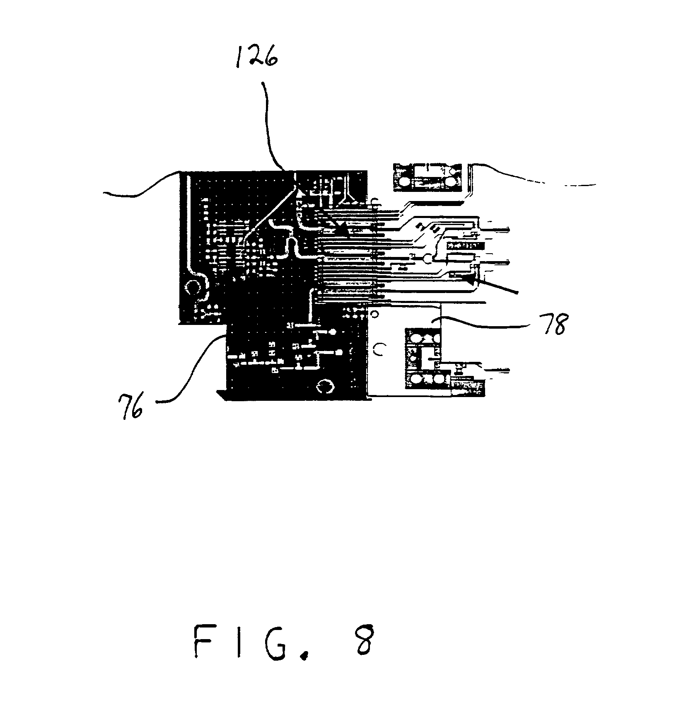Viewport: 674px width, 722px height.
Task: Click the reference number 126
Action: [x=256, y=58]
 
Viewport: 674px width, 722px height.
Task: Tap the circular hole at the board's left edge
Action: [x=193, y=287]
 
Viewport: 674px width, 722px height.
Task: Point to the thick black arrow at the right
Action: [x=493, y=286]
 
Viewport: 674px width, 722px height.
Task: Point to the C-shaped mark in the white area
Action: [x=378, y=350]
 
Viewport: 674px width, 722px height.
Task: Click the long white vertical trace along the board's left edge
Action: [x=187, y=224]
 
